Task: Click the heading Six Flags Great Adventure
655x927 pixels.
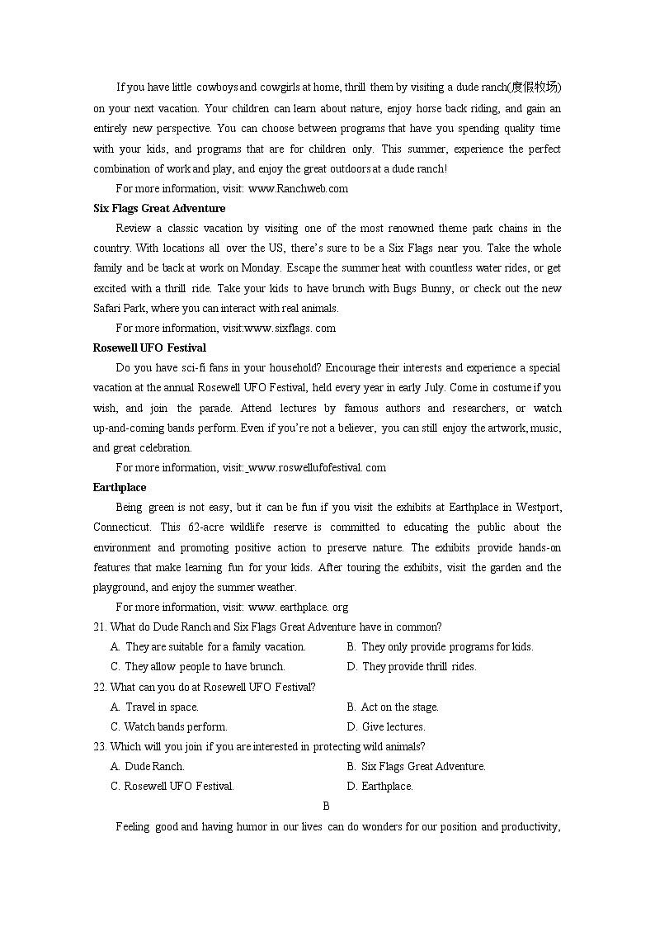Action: click(x=159, y=208)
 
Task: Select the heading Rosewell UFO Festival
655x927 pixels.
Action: click(x=149, y=348)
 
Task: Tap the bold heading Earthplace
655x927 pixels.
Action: click(x=120, y=487)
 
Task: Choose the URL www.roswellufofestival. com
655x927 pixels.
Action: click(x=317, y=467)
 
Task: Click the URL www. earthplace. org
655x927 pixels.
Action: click(x=298, y=607)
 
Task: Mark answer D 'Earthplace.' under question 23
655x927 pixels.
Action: click(x=380, y=787)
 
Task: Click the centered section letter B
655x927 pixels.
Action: click(x=327, y=806)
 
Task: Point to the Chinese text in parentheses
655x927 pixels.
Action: click(x=534, y=87)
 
